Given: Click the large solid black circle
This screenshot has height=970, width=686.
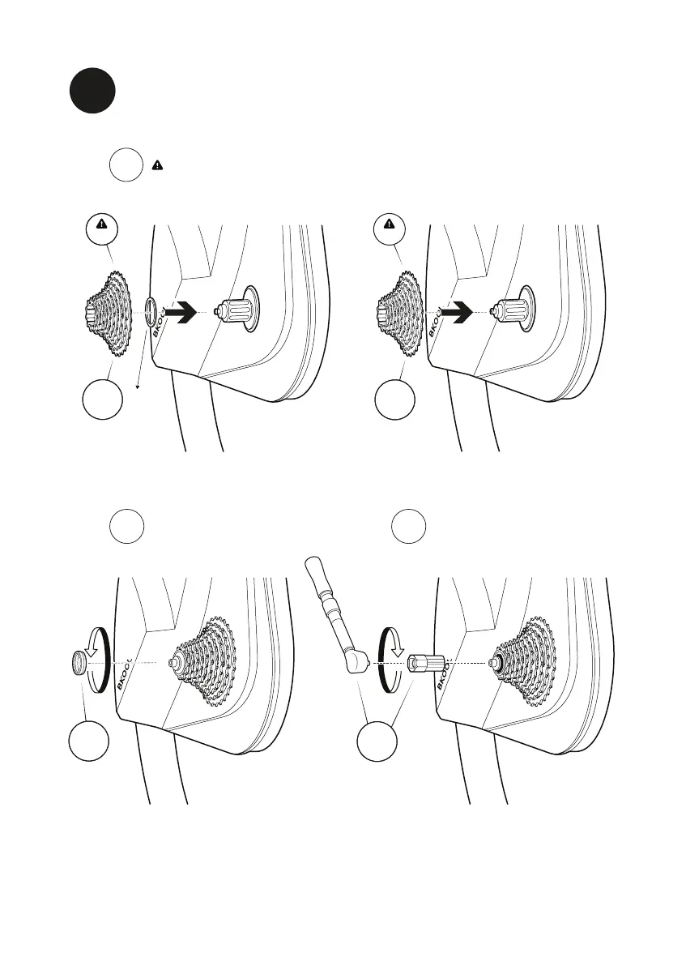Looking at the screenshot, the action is pos(91,91).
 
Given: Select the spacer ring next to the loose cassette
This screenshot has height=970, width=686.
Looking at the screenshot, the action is pos(151,311).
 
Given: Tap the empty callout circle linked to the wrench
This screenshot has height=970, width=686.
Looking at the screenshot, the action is pos(379,740).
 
